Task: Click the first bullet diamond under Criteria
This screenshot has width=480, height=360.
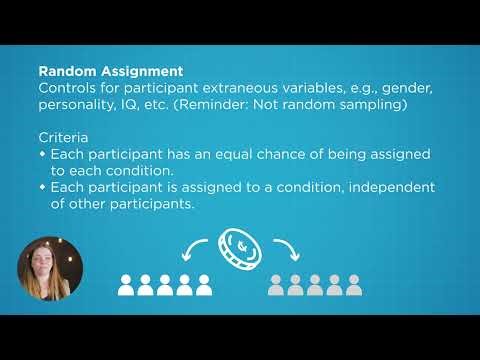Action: click(42, 155)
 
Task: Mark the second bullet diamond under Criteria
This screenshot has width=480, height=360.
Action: click(42, 188)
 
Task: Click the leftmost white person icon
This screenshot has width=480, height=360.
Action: click(127, 287)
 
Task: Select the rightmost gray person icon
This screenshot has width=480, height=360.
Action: click(354, 287)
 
